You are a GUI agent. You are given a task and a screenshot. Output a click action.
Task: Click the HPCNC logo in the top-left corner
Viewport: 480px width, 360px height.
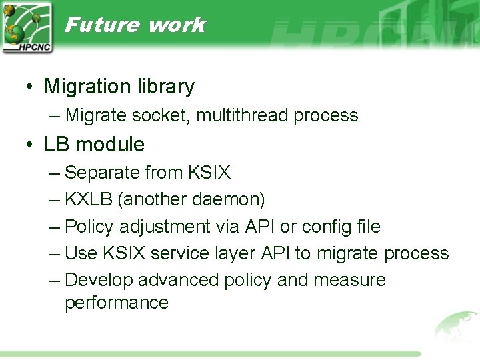[27, 27]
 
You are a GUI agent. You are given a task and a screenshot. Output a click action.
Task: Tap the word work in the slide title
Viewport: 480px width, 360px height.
[177, 25]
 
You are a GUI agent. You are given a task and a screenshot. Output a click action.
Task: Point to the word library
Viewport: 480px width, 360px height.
[166, 87]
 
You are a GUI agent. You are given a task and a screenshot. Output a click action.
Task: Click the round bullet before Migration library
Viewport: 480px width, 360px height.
[31, 87]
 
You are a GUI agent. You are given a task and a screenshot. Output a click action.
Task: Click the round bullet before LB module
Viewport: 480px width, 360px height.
[31, 145]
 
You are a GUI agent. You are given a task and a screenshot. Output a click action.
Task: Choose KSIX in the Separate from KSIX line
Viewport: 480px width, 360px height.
[209, 173]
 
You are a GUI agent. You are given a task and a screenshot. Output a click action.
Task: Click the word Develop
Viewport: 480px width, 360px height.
[97, 280]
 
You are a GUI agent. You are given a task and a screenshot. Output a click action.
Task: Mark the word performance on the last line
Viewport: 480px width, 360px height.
[117, 303]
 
